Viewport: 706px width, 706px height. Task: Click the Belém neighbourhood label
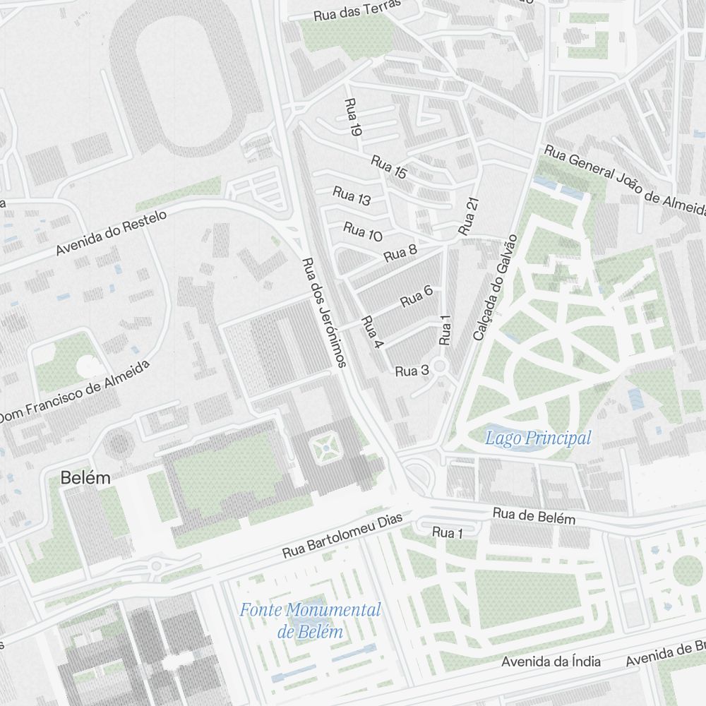coord(85,478)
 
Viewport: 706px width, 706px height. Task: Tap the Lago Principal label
coord(538,438)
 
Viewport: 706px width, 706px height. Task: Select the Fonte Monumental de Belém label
coord(310,620)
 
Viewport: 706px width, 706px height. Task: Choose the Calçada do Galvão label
coord(496,288)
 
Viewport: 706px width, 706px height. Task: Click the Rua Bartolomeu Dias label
coord(342,536)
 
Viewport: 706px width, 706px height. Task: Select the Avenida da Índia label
coord(551,662)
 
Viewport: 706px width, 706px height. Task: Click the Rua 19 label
coord(352,117)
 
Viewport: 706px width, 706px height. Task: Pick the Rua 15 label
coord(389,167)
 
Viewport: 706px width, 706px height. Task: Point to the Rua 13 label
coord(352,196)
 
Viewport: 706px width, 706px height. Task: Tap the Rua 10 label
coord(363,231)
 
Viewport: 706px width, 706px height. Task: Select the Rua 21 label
coord(469,216)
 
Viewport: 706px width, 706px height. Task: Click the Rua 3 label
coord(412,371)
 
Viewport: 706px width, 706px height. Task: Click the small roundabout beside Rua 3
coord(441,366)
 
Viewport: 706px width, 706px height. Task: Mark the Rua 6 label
coord(417,297)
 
